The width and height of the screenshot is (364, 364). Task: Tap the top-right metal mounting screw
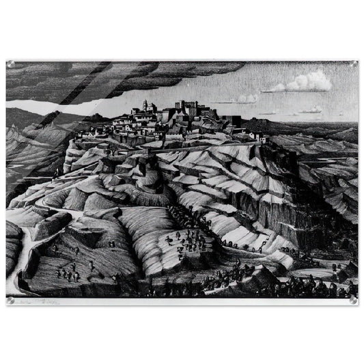click(x=353, y=64)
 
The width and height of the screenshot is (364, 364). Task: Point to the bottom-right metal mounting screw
click(x=353, y=300)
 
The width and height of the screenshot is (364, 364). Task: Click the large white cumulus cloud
click(x=307, y=82)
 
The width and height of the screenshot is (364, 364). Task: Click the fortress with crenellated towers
click(x=186, y=109)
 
